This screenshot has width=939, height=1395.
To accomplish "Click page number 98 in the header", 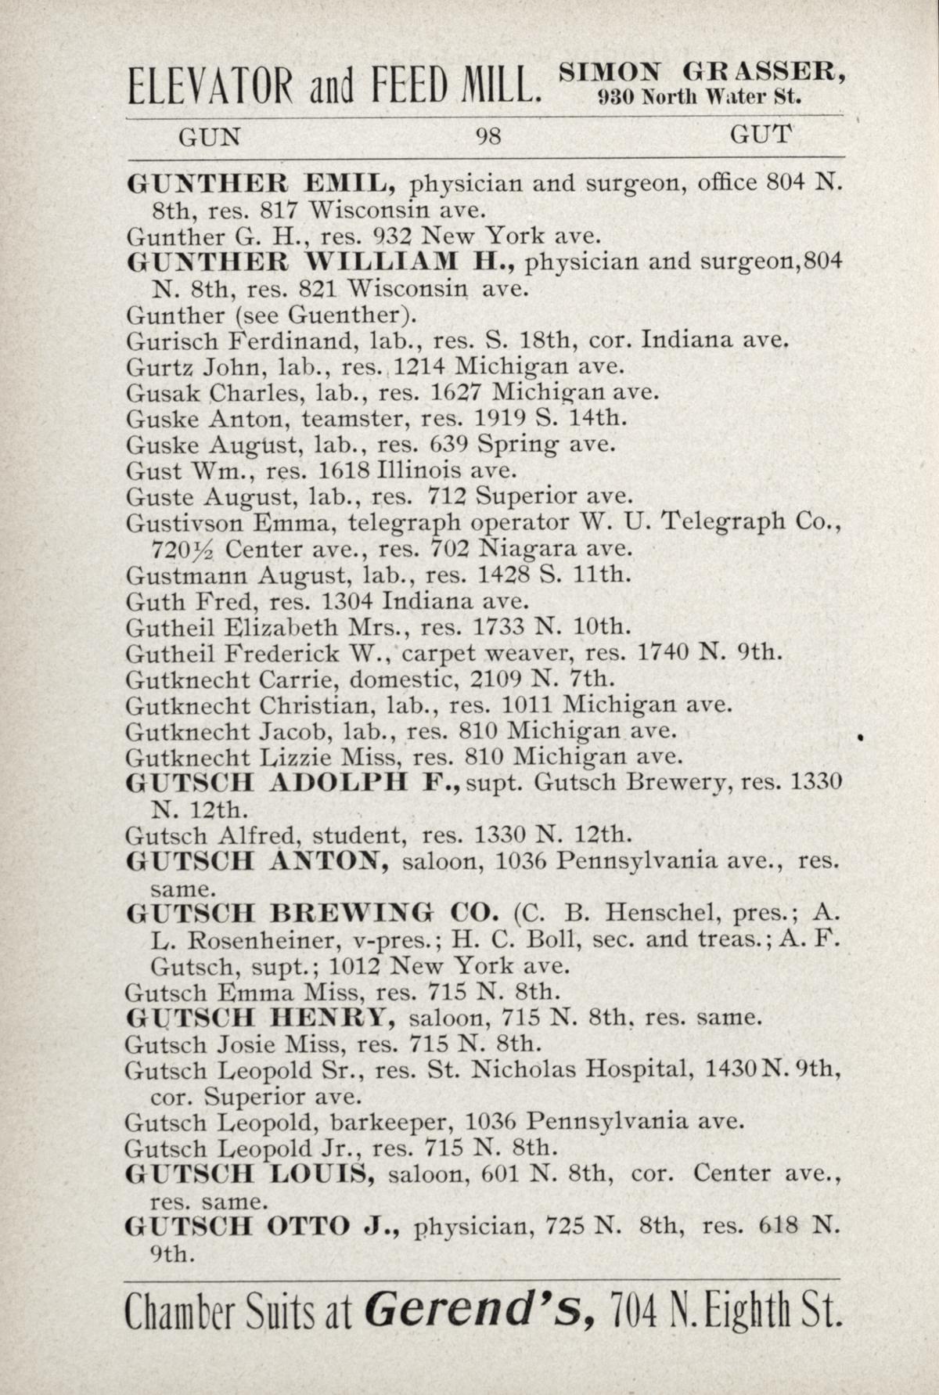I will [488, 138].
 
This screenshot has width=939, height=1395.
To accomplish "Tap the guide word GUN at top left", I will [210, 137].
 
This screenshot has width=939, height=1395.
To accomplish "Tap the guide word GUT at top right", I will [761, 136].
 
